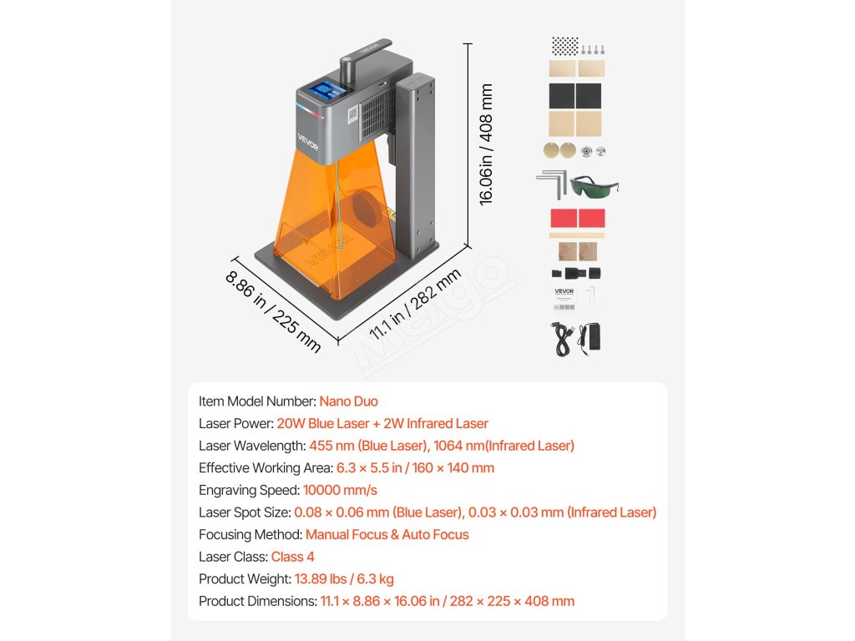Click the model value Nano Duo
(348, 401)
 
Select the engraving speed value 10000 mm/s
(340, 490)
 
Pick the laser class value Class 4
(292, 557)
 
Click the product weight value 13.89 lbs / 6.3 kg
(344, 579)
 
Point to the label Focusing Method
(250, 535)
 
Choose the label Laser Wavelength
(251, 446)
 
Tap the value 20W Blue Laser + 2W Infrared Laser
(382, 424)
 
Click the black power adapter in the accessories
(589, 336)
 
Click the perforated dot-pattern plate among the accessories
(565, 46)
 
